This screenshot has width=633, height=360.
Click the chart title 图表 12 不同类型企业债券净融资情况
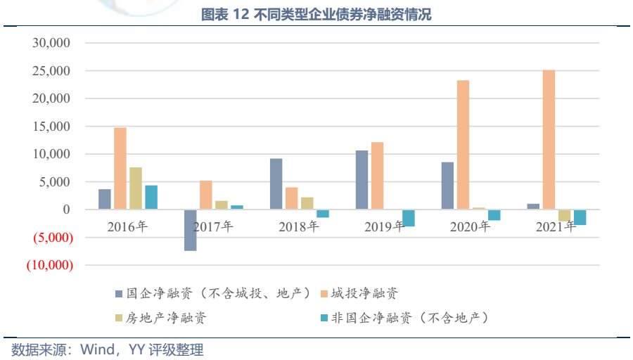pos(316,15)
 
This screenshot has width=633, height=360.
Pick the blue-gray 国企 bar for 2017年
pos(190,230)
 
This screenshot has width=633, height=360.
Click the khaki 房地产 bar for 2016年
pos(136,188)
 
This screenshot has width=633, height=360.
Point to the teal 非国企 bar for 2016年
pos(151,197)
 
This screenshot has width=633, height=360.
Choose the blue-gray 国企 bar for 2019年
pos(362,179)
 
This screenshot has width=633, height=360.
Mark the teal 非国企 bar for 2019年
pos(409,218)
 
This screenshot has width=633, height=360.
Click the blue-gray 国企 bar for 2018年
pos(276,184)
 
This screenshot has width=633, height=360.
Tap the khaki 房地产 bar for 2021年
pos(564,216)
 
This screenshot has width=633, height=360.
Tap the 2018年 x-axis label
pos(298,226)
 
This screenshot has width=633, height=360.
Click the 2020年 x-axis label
pos(470,226)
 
